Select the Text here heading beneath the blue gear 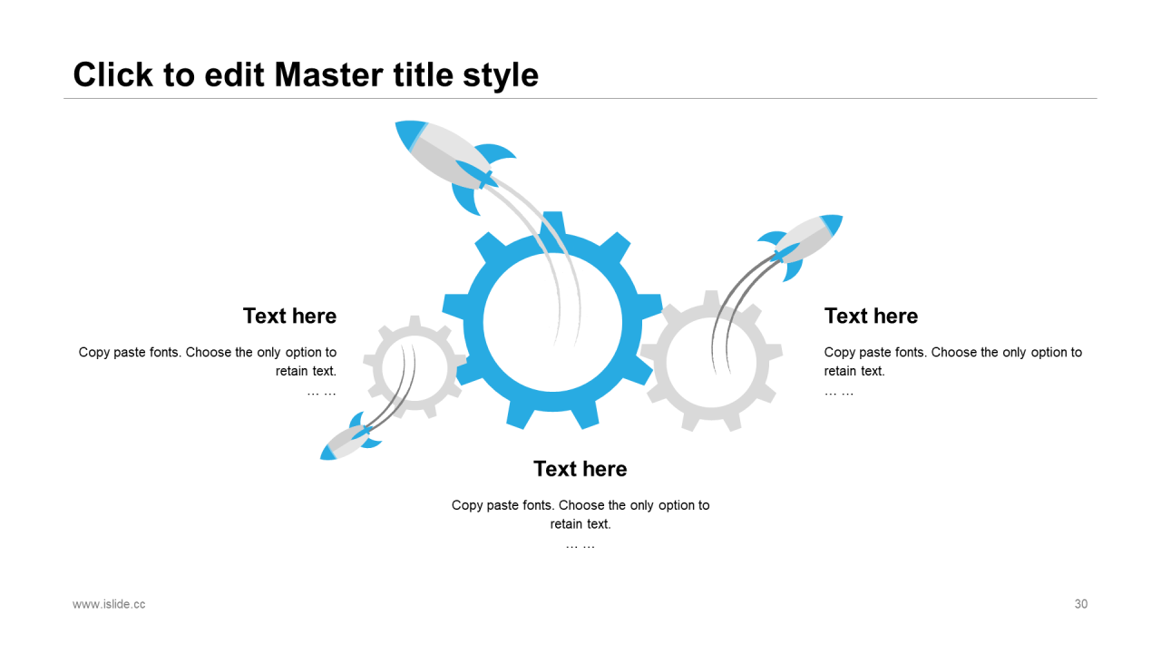point(580,469)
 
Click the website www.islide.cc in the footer point(109,604)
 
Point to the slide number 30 point(1080,604)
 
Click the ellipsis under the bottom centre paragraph point(580,544)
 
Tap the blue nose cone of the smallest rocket point(327,453)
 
